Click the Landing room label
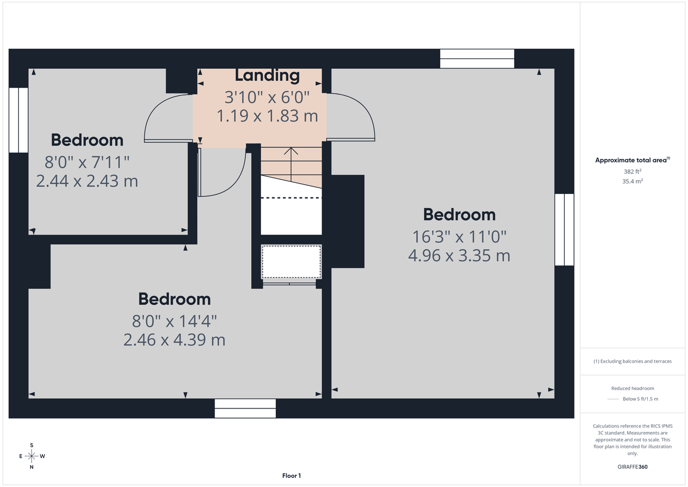coord(267,75)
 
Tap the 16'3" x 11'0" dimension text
coord(459,236)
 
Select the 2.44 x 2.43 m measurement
coord(87,181)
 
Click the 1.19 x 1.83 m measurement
coord(267,116)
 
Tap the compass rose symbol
coord(32,456)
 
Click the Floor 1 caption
coord(291,476)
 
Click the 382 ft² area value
coord(633,172)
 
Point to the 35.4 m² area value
coord(633,181)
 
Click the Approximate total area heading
coord(632,161)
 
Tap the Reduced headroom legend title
coord(632,388)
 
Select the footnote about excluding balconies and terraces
coord(632,361)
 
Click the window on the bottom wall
coord(245,408)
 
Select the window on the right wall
coord(564,229)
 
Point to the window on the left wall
coord(18,120)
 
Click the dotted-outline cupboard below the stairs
coord(291,262)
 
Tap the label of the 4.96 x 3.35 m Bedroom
coord(459,215)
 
